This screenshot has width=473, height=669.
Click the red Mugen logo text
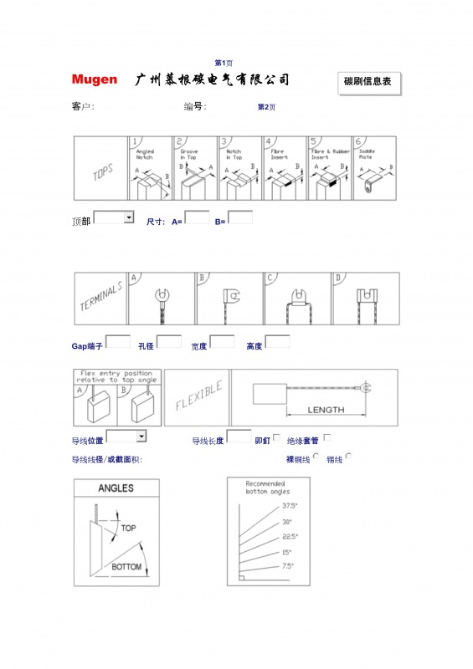click(94, 80)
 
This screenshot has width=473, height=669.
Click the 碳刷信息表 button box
click(368, 82)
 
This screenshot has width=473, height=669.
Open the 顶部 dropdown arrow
click(128, 217)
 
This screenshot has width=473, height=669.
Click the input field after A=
click(197, 217)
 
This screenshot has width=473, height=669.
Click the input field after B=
click(240, 217)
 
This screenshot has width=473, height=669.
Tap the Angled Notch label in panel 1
click(144, 155)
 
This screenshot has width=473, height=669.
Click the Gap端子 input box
click(117, 341)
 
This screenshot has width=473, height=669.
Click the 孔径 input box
click(169, 341)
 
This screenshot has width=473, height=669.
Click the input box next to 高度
click(277, 341)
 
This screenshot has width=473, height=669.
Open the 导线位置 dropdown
click(141, 436)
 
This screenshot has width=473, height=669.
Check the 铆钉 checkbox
click(277, 437)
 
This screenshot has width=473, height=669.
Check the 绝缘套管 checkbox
click(326, 437)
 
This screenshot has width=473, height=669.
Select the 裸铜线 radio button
click(316, 457)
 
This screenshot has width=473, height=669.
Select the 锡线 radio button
click(348, 457)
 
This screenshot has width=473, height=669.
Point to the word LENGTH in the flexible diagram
click(326, 410)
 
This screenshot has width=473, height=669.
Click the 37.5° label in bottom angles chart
click(290, 506)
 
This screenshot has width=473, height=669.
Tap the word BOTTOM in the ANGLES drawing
click(127, 567)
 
